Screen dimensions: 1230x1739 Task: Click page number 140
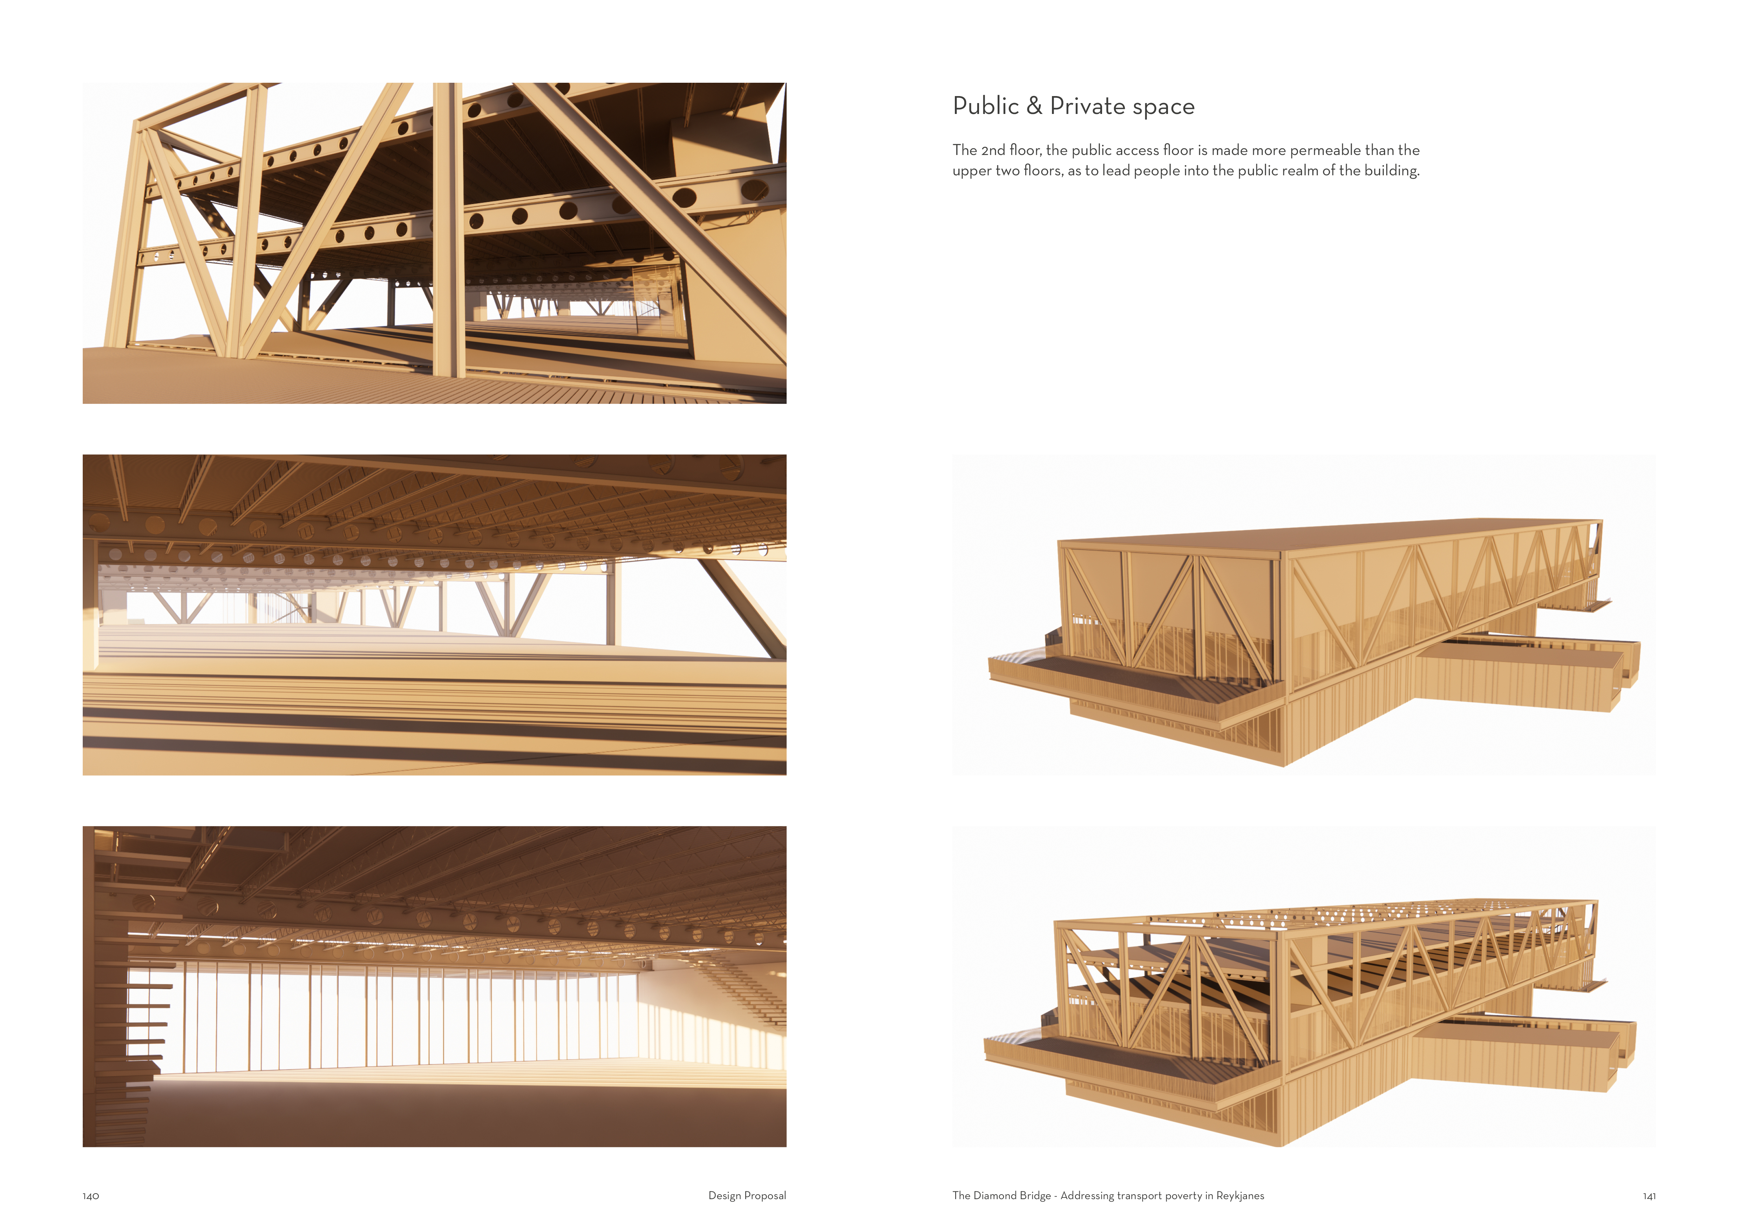pyautogui.click(x=91, y=1196)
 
